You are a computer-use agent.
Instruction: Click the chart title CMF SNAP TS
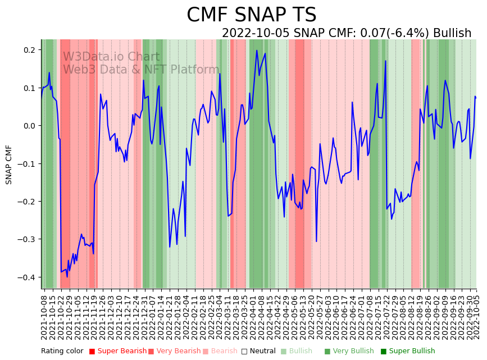tap(251, 15)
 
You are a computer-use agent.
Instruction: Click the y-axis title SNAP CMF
tap(9, 165)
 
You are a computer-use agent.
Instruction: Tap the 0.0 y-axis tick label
tap(29, 126)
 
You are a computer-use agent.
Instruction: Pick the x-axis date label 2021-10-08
tap(44, 315)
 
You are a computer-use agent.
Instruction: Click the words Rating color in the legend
tap(62, 352)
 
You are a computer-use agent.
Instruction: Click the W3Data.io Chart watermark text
tap(111, 57)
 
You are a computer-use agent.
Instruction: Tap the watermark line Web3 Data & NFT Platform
tap(141, 70)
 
